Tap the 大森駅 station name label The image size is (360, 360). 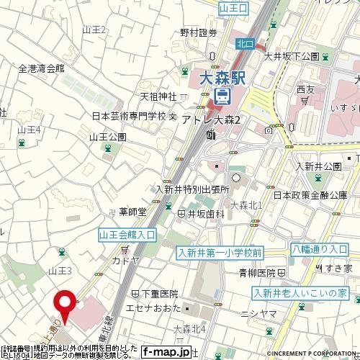[221, 76]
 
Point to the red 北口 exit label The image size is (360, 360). [245, 44]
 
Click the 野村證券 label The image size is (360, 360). [198, 32]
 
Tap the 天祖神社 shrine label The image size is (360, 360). [158, 96]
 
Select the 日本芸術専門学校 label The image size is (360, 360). [129, 116]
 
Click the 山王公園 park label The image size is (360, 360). [108, 136]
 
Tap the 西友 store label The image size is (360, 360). [305, 89]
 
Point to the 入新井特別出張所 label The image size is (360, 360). [192, 189]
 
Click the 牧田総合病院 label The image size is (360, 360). [86, 310]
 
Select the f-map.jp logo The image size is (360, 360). [166, 352]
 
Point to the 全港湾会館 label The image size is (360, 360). [41, 68]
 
